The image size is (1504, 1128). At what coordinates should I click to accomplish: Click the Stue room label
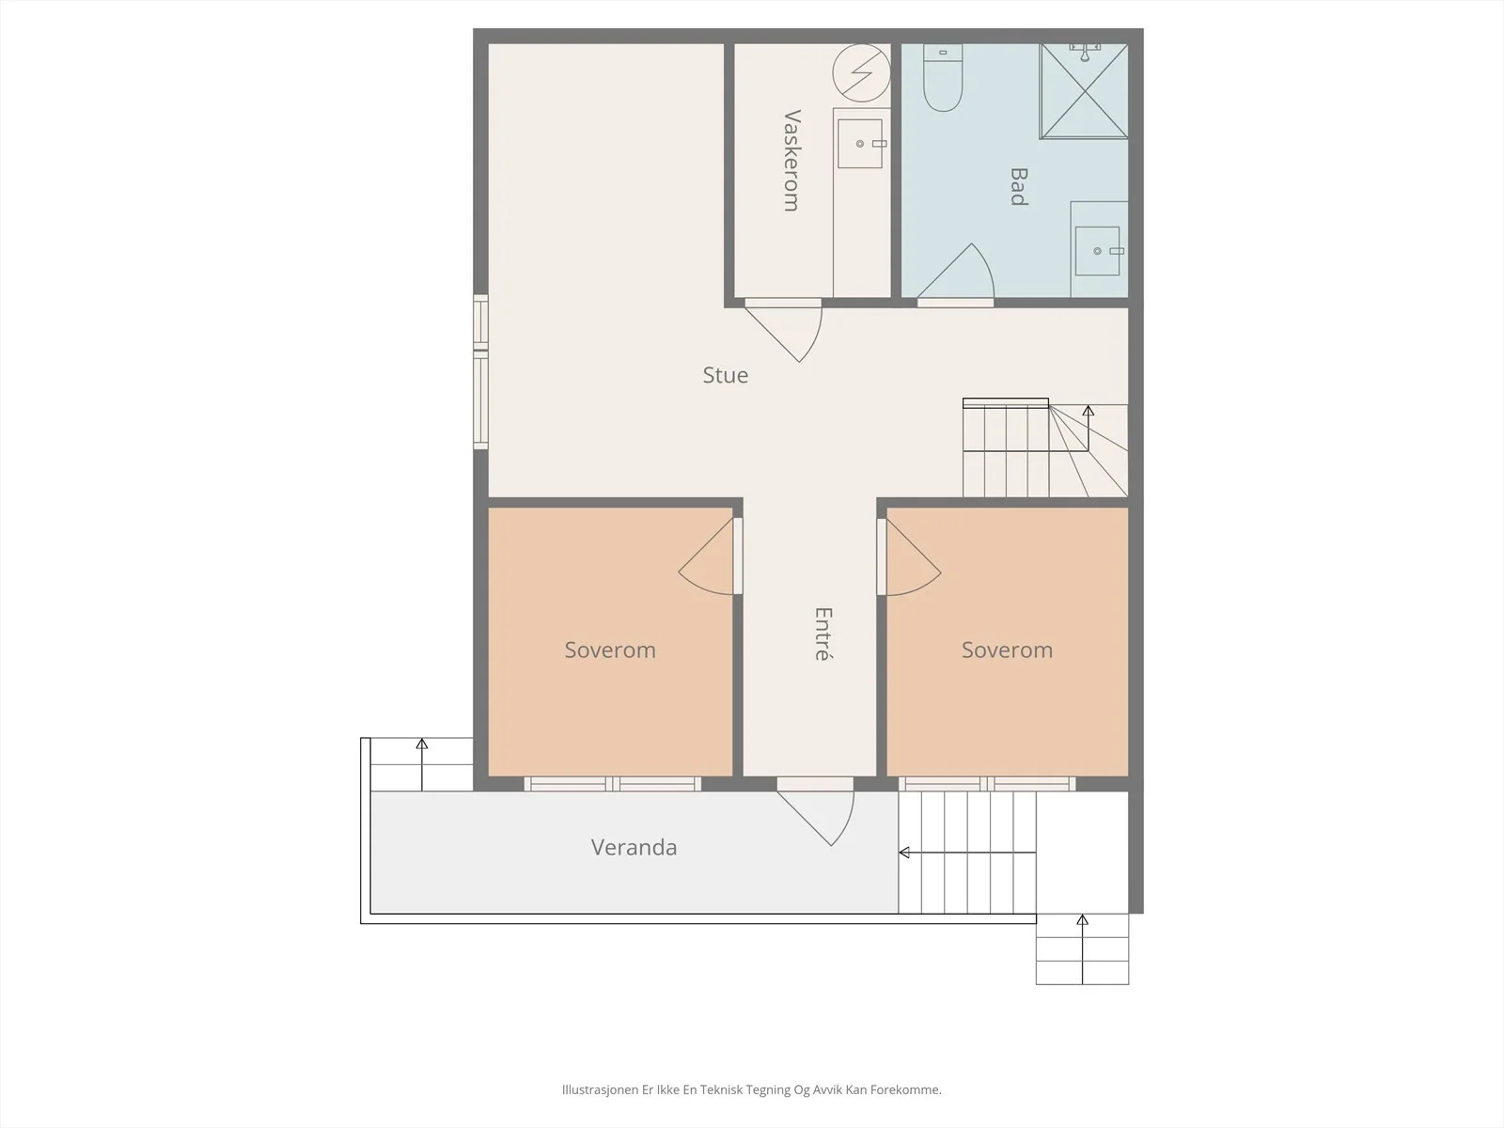[725, 375]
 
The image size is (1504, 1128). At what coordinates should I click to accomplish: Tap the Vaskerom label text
[791, 160]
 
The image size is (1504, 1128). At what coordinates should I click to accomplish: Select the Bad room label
[1019, 186]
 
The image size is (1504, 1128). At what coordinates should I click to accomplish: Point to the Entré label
[822, 634]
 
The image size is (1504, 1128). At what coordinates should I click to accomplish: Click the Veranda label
[634, 847]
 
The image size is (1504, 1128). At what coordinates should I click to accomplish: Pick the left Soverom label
[610, 650]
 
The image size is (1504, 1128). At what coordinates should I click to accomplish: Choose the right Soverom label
[1007, 650]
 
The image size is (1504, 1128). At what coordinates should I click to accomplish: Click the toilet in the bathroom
[943, 77]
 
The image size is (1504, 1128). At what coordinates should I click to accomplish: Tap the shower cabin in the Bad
[1084, 91]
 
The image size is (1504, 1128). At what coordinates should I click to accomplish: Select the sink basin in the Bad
[1097, 251]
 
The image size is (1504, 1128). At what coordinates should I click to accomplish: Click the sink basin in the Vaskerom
[860, 144]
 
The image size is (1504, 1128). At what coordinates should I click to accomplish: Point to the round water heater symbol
[861, 72]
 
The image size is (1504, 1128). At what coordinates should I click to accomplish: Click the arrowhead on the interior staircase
[1089, 410]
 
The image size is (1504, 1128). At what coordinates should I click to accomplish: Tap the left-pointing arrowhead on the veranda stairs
[903, 853]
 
